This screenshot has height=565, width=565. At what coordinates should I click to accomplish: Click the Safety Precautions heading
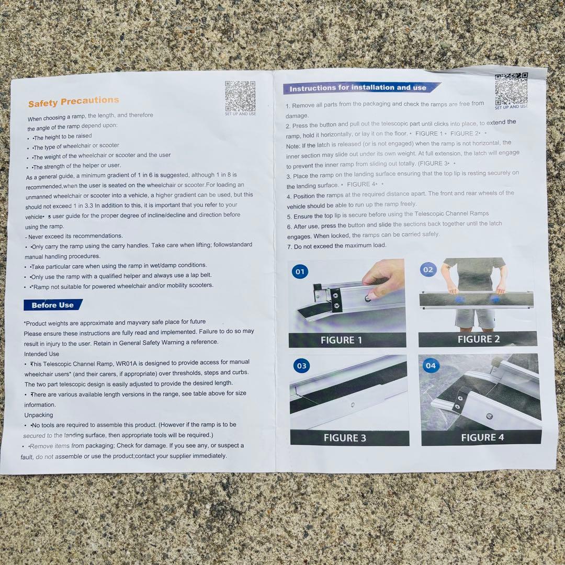[74, 101]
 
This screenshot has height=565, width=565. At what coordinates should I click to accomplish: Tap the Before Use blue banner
[53, 305]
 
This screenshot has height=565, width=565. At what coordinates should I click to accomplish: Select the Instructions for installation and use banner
[361, 88]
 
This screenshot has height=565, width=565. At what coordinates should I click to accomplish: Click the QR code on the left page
[240, 96]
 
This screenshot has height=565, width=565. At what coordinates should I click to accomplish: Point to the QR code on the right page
[511, 88]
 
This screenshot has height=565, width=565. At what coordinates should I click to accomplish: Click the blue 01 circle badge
[300, 272]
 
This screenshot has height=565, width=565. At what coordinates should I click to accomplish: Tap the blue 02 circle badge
[428, 270]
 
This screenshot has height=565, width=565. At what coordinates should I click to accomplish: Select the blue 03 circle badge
[302, 366]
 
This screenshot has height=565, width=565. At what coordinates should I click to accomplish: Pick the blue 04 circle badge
[431, 366]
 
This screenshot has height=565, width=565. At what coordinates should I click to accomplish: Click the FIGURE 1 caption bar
[347, 340]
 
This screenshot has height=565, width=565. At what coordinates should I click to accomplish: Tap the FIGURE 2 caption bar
[478, 339]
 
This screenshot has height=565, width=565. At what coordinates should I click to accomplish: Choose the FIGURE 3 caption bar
[349, 438]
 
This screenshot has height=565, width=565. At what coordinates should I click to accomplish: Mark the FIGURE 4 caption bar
[481, 437]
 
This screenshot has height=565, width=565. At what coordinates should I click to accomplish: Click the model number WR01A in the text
[126, 363]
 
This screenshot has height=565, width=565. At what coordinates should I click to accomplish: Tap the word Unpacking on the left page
[39, 415]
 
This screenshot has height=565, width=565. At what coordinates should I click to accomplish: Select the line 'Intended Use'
[41, 354]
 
